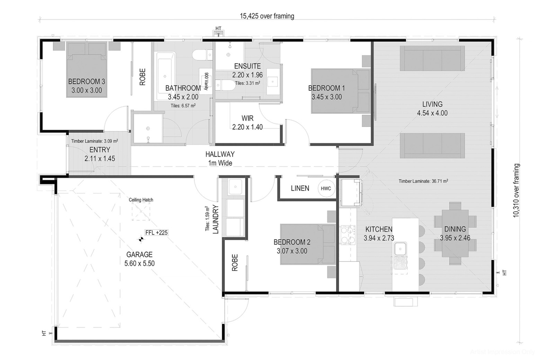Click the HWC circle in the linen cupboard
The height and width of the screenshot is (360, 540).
(326, 188)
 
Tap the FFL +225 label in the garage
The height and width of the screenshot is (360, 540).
(156, 233)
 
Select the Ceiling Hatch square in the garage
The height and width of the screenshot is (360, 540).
(141, 211)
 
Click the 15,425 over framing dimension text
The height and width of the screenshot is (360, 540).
(267, 16)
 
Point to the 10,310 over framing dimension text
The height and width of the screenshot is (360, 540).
(516, 190)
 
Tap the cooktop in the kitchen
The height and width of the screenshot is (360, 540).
(348, 235)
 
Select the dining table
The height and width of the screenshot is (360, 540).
(455, 233)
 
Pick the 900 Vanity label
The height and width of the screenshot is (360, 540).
(206, 81)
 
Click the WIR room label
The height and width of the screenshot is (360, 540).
(247, 118)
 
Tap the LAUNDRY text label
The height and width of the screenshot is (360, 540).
(216, 219)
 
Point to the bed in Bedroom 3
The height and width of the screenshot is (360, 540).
(87, 70)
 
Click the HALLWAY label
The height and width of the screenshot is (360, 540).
(220, 154)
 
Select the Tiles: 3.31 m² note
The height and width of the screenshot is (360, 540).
(247, 83)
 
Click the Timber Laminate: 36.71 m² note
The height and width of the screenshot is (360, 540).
(423, 181)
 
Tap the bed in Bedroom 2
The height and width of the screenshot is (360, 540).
(308, 244)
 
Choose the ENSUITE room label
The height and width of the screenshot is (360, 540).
(247, 66)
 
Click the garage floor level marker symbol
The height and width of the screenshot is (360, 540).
(141, 239)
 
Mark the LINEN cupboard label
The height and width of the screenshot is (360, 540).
(300, 188)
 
